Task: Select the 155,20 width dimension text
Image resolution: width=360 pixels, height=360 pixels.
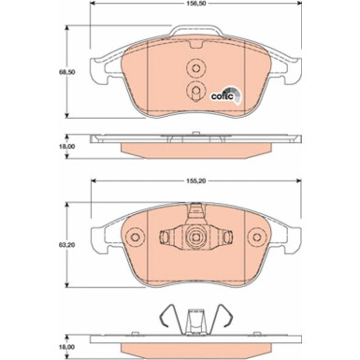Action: pyautogui.click(x=196, y=173)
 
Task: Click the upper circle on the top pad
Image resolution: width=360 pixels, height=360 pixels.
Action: pyautogui.click(x=196, y=68)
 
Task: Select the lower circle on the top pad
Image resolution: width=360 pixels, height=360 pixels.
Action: pyautogui.click(x=196, y=90)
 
